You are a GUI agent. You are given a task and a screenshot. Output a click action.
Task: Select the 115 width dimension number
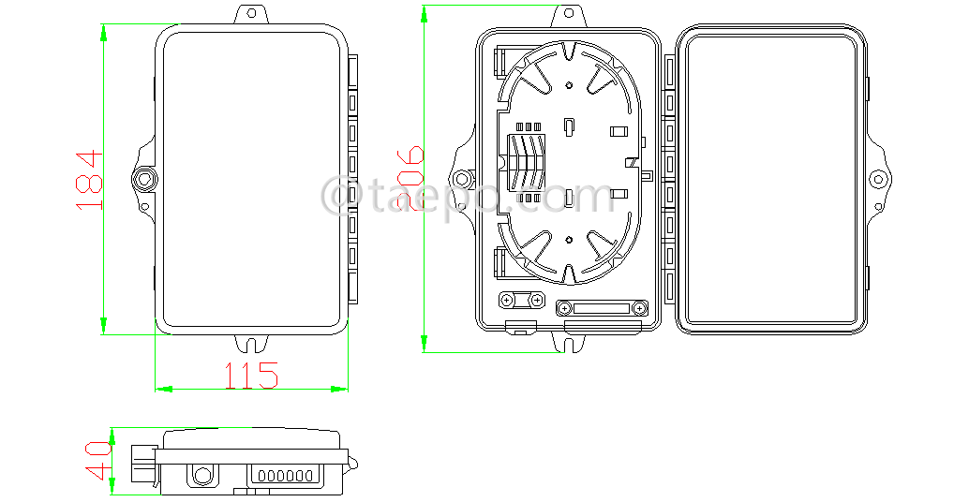pos(250,376)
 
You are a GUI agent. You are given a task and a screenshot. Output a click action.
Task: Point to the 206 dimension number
pos(410,179)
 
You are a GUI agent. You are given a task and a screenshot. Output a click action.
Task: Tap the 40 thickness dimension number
pos(97,460)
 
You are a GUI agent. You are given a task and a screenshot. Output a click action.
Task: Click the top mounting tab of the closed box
pos(250,15)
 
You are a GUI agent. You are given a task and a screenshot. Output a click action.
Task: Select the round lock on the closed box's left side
pos(144,178)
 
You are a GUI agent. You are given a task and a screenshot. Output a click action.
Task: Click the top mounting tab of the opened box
pos(569,16)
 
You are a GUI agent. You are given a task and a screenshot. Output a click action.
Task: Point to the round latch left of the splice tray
pos(463,179)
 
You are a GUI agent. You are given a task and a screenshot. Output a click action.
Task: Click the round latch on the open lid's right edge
pos(878,179)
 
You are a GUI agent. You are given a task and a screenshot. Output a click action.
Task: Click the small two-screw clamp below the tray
pos(521,300)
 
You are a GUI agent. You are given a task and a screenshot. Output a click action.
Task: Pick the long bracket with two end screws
pos(601,308)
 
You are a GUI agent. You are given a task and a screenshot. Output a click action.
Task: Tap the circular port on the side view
pos(201,475)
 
